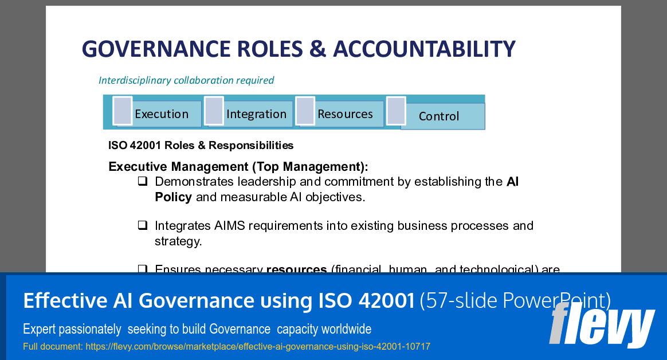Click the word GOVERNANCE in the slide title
pos(150,49)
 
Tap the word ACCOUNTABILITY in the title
pos(424,49)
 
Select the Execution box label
pos(162,114)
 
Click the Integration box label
pos(256,114)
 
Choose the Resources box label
pos(345,114)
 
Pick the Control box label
pos(439,116)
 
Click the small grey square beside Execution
pos(123,111)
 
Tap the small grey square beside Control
pos(396,111)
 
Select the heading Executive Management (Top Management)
pos(238,167)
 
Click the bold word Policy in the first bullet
pos(173,197)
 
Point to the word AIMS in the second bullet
pos(230,226)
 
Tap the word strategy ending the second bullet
pos(178,241)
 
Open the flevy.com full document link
pos(257,347)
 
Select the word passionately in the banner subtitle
pos(89,330)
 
